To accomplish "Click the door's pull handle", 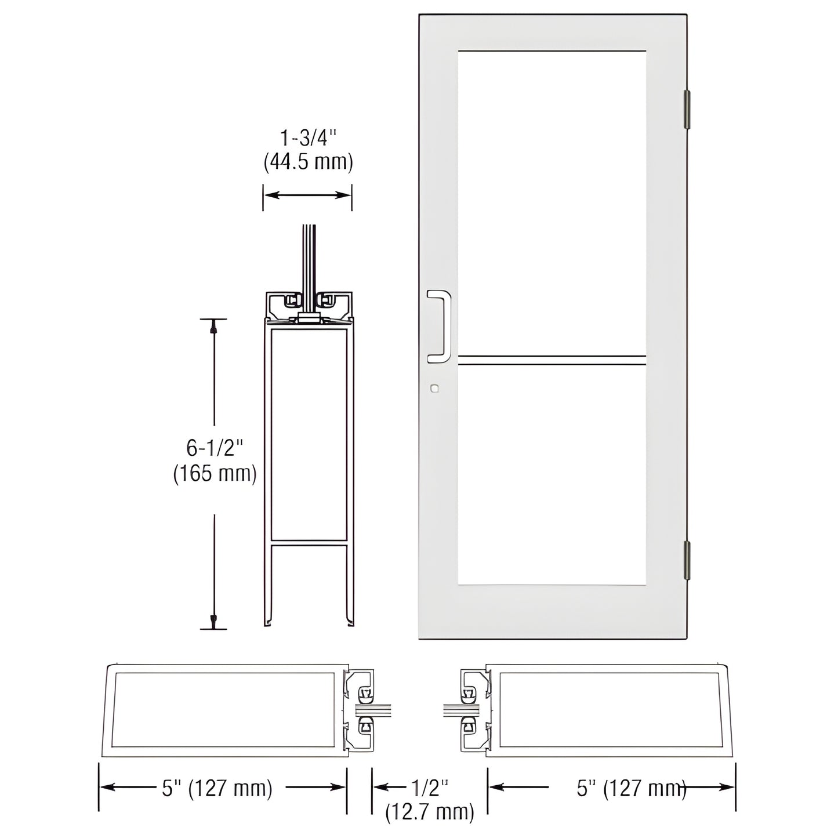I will (439, 327).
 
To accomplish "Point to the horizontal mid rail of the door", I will (552, 360).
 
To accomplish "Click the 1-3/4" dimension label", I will (308, 139).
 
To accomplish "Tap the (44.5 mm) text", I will (308, 162).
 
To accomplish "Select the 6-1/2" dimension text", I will (215, 448).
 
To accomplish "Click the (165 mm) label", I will (215, 474).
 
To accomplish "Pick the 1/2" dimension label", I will (430, 788).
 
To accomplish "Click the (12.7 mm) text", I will (430, 812).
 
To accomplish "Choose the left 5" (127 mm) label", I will (217, 788).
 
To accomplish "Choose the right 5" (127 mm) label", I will (632, 788).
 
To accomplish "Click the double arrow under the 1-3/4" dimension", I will (308, 195).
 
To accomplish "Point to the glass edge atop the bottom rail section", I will (309, 255).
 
